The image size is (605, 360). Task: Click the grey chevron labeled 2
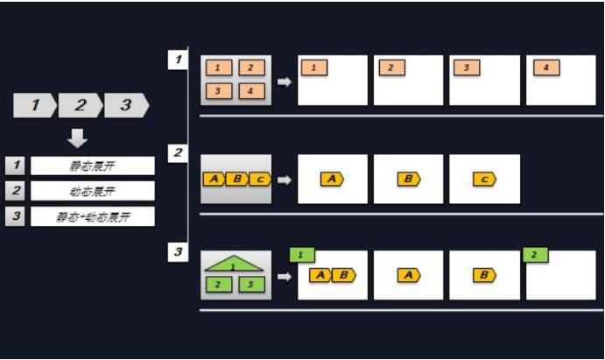click(81, 106)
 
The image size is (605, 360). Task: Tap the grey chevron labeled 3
click(126, 106)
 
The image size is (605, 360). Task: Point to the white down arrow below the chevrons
click(78, 138)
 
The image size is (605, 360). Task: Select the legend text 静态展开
click(92, 166)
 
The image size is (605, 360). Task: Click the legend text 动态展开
click(92, 191)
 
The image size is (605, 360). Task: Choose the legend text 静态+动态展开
click(92, 216)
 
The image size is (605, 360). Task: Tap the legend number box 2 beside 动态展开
click(15, 191)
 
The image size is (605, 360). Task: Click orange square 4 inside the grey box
click(250, 91)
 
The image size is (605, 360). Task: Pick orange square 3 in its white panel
click(467, 67)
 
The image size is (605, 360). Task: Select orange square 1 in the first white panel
click(314, 67)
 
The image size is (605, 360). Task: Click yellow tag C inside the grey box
click(260, 179)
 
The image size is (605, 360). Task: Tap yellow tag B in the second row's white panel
click(408, 179)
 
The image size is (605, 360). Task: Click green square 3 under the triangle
click(250, 284)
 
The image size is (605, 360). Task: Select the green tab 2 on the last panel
click(535, 255)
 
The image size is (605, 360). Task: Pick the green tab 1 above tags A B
click(302, 255)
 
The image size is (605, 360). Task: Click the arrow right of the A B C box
click(285, 180)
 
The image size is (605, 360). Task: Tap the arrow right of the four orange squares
click(285, 81)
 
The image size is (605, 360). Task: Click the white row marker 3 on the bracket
click(177, 252)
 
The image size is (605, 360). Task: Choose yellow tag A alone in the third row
click(408, 275)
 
